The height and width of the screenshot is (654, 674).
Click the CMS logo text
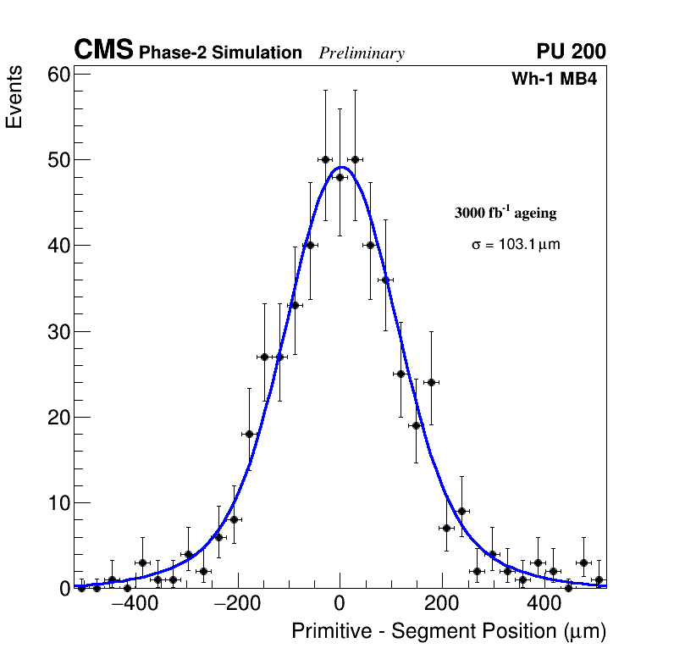coord(103,51)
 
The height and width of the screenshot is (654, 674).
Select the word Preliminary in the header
coord(362,53)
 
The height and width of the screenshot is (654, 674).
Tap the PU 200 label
coord(571,52)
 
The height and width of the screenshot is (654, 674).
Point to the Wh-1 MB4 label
coord(555,80)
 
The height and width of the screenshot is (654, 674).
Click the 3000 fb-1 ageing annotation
coord(505,213)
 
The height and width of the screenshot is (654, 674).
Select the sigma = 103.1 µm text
coord(516,245)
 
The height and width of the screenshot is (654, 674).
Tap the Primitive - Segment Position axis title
coord(449,631)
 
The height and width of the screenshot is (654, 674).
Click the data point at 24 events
coord(431,382)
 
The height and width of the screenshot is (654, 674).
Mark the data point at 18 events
coord(249,434)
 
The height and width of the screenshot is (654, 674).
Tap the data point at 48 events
coord(340,177)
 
